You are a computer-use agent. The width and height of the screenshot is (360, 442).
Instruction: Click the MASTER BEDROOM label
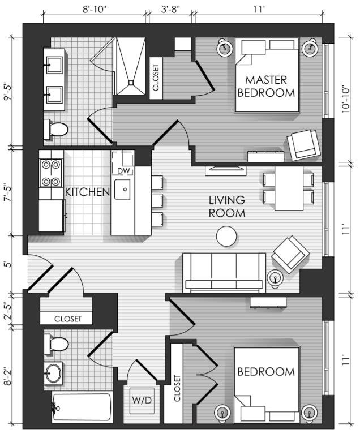(266, 86)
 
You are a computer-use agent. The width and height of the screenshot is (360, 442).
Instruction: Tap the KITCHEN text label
(87, 192)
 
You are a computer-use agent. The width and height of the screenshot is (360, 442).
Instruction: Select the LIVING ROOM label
(227, 207)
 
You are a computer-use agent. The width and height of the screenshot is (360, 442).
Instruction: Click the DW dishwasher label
(123, 170)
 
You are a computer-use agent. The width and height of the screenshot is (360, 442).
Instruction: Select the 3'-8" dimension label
(170, 10)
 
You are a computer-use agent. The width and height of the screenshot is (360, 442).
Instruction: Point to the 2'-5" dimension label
(8, 311)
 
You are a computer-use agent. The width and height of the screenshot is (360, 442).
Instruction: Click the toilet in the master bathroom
(56, 130)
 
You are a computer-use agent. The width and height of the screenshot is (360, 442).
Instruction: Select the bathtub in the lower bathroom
(82, 407)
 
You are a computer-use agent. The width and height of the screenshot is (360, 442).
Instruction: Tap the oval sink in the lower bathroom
(53, 373)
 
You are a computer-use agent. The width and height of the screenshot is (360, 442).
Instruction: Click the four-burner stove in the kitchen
(51, 173)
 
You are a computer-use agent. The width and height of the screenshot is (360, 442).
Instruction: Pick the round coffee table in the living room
(226, 236)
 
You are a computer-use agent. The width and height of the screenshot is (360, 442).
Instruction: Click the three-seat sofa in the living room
(224, 273)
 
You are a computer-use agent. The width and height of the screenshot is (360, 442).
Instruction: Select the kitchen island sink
(122, 190)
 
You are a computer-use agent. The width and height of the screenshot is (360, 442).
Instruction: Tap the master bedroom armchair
(302, 145)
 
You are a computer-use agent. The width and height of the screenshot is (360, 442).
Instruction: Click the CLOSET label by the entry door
(68, 319)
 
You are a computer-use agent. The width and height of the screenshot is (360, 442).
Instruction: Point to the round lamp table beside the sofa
(275, 278)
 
